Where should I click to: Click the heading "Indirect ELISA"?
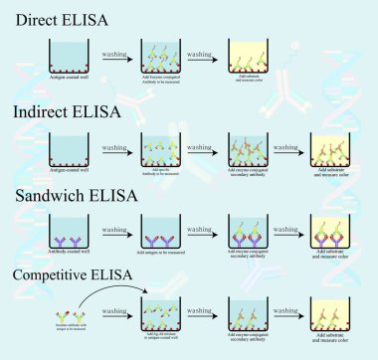(63, 111)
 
